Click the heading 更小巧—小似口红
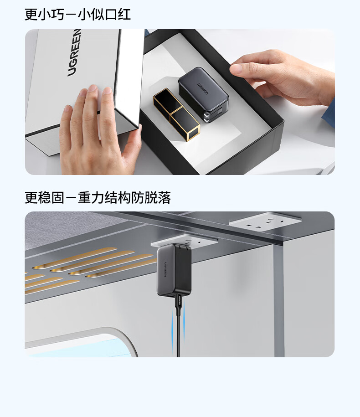click(x=77, y=15)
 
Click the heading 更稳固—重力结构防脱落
click(x=98, y=197)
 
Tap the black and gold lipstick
click(x=176, y=114)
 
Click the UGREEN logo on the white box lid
click(x=74, y=53)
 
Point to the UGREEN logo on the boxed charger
click(x=203, y=88)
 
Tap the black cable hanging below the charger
click(x=178, y=330)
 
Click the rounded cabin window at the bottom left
click(x=80, y=343)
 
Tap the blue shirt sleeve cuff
click(x=329, y=112)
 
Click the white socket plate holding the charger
click(x=185, y=241)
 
